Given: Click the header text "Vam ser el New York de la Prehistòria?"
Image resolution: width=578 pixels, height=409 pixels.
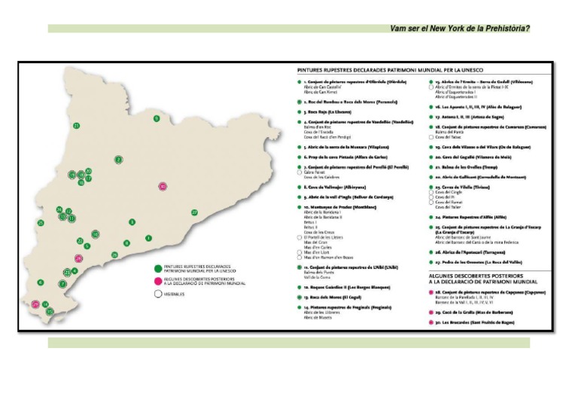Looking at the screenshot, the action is pos(460,29).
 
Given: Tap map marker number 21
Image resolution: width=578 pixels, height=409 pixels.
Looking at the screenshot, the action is pos(76,126).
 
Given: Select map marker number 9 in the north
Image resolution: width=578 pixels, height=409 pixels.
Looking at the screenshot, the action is pos(157,118).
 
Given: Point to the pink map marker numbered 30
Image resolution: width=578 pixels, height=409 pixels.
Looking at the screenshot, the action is pos(163,186).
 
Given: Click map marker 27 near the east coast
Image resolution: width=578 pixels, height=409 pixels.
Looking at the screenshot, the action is pos(194,212).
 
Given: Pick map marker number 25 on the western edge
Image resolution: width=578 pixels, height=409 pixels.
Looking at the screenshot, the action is pos(41,223).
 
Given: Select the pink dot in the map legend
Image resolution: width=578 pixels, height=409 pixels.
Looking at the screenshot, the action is pos(159,279).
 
